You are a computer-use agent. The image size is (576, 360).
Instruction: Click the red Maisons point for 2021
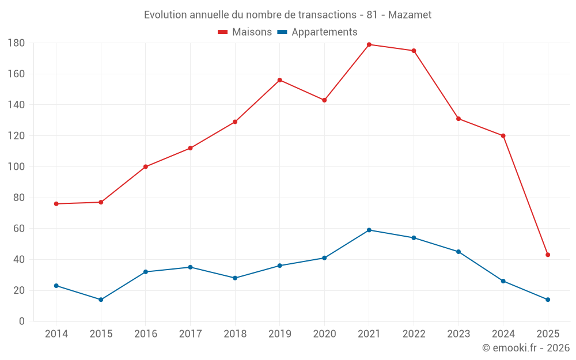click(x=369, y=44)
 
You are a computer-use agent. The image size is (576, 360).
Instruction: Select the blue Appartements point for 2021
click(x=369, y=230)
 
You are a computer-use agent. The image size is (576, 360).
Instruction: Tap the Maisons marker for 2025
click(x=548, y=255)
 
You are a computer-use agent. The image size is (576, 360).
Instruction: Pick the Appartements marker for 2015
click(x=101, y=300)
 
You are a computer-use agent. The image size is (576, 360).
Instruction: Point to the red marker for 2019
click(x=280, y=80)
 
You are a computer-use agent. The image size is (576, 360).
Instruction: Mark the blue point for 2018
click(x=235, y=278)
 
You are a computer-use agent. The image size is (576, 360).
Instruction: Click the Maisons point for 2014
click(x=56, y=204)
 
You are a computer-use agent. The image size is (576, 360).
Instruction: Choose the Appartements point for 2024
click(x=503, y=281)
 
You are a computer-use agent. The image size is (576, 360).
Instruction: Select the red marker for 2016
click(x=146, y=166)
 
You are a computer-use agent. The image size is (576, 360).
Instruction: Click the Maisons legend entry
click(x=245, y=32)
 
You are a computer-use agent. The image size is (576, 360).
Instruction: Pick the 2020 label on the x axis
click(x=324, y=334)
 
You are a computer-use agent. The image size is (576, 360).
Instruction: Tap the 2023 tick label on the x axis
click(x=458, y=334)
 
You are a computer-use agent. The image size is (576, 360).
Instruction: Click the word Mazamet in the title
click(x=410, y=14)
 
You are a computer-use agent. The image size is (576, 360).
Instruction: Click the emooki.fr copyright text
click(x=526, y=348)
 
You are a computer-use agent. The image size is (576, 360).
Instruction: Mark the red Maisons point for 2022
click(x=414, y=51)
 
